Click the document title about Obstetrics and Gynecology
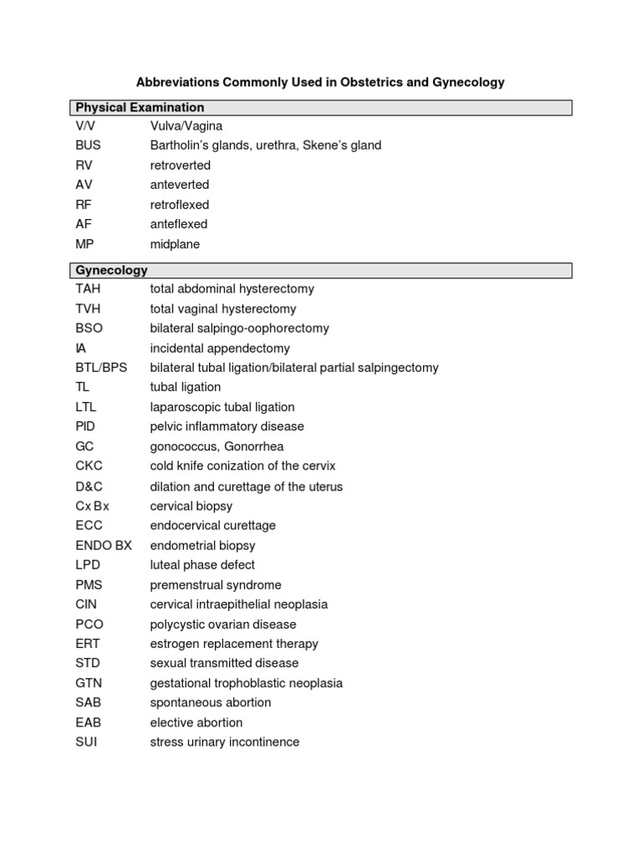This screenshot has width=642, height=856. coord(320,83)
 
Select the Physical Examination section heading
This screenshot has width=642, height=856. coord(140,108)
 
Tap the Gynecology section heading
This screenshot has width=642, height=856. coord(111,271)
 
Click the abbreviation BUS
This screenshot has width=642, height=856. coord(88,145)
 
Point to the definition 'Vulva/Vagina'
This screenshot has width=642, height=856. coord(186,126)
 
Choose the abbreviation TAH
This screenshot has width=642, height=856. coord(88,289)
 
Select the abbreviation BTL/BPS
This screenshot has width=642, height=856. coord(101,368)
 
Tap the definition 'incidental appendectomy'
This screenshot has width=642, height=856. coord(220,349)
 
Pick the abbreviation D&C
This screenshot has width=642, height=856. coord(89,487)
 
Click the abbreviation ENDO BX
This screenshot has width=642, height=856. coord(104,546)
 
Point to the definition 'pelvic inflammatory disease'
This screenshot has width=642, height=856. coord(227,426)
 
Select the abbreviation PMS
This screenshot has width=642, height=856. coord(89,585)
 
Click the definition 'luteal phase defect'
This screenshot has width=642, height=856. coord(202,565)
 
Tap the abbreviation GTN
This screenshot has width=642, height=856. coord(89,683)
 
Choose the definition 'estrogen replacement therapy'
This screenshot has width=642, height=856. coord(234,644)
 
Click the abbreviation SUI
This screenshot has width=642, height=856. coord(86,742)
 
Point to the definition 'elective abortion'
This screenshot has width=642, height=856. coord(196,722)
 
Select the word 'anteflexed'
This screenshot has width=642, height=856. coord(179,224)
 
